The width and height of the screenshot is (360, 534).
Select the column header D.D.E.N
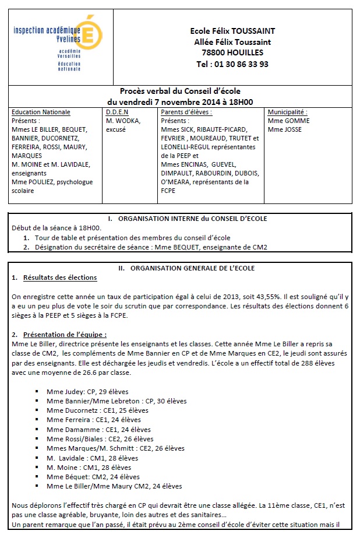(x=117, y=112)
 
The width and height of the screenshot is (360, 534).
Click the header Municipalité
(x=287, y=112)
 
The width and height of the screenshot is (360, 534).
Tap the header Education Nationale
(x=41, y=112)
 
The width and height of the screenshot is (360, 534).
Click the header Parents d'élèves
(x=186, y=112)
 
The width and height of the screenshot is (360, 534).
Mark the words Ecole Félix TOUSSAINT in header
(x=232, y=31)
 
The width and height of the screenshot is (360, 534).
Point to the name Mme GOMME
(x=288, y=121)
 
